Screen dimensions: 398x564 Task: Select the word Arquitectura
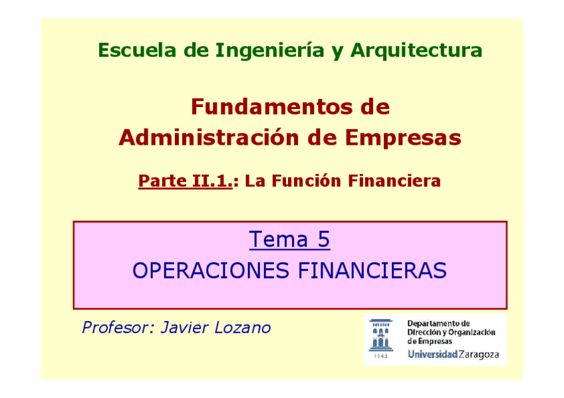(416, 50)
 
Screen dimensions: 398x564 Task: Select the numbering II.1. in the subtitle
(211, 181)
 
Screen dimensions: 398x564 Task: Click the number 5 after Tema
(323, 239)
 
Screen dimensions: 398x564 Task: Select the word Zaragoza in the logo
(479, 354)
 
